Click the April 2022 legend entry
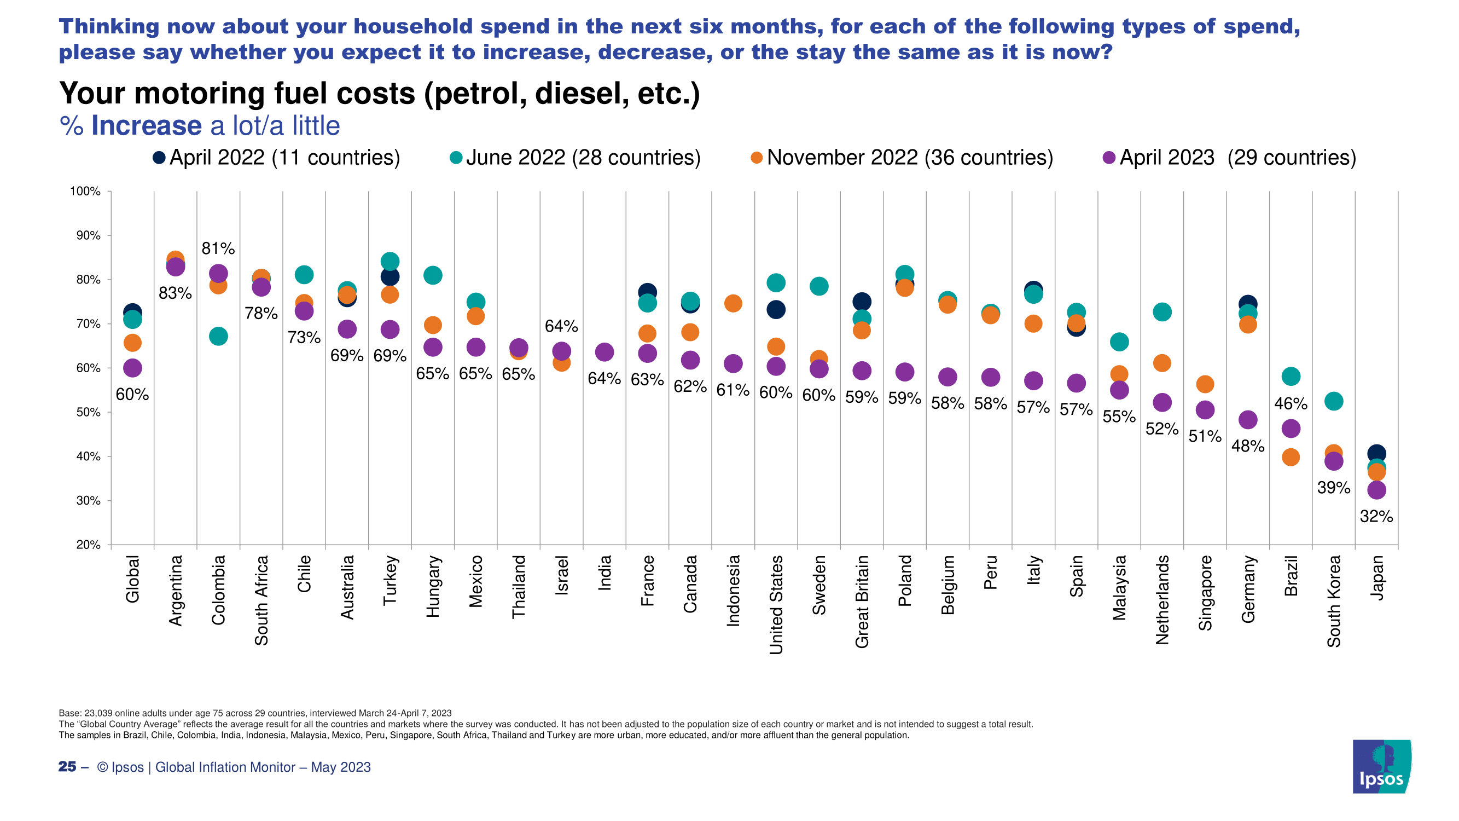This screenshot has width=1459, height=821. [276, 158]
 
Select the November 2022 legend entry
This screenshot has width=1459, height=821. [901, 158]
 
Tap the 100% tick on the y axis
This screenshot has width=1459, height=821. [85, 192]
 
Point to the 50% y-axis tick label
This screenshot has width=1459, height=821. [88, 413]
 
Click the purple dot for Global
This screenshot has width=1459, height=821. [132, 368]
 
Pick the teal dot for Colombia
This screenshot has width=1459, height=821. [218, 337]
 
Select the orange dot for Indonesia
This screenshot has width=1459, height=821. [733, 303]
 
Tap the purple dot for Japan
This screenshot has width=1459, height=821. [1376, 490]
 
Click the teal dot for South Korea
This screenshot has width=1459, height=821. [1334, 401]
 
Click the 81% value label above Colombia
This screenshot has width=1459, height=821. [218, 248]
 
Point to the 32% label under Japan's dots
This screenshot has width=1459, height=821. [1376, 516]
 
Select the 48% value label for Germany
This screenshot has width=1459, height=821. [1248, 446]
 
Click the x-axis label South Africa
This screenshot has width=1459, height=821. [261, 600]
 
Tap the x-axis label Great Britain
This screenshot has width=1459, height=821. [862, 601]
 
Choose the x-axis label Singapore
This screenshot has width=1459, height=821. [1205, 593]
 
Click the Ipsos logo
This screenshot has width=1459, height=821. [1381, 766]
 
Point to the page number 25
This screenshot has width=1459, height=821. [67, 767]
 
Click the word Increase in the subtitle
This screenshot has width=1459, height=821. [146, 125]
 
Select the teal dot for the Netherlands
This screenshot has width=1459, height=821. [1162, 312]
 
